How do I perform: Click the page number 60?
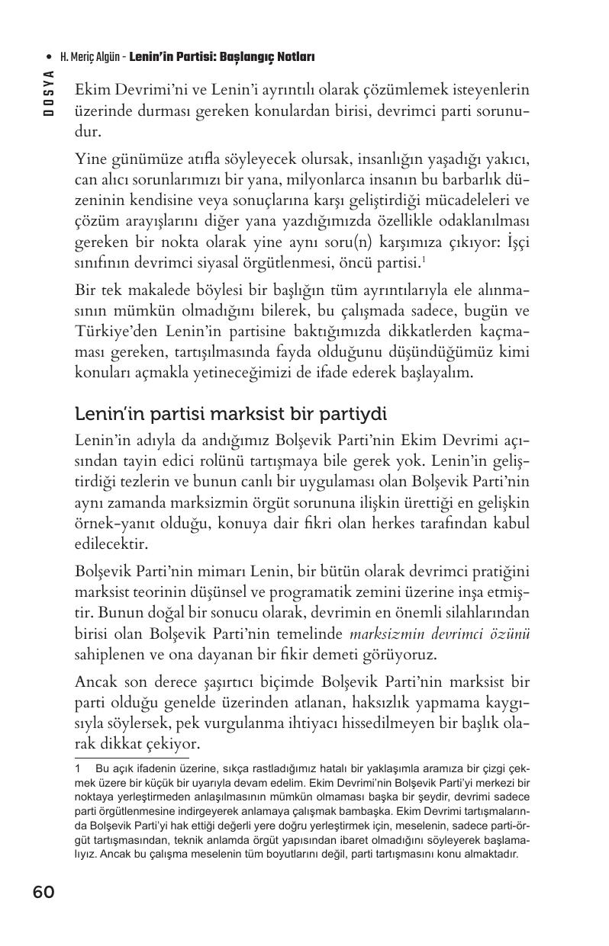(43, 893)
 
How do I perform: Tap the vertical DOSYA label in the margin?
(49, 94)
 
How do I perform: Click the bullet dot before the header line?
(50, 57)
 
